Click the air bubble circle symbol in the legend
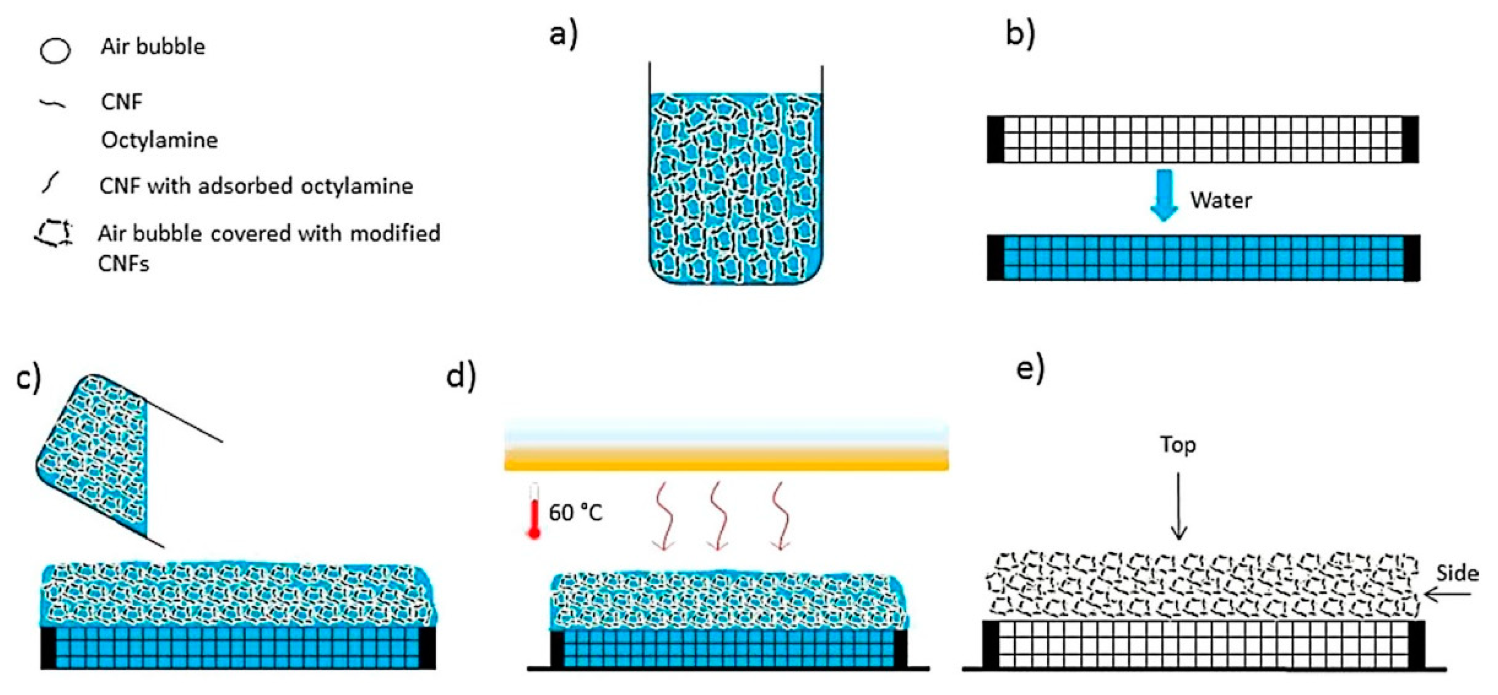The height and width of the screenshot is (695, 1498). (x=55, y=50)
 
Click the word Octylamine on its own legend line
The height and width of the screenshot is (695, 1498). (x=159, y=140)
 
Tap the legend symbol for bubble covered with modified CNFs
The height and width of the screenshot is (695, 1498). (x=54, y=235)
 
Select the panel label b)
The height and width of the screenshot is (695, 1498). (x=1020, y=35)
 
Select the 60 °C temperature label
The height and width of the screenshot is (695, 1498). (x=576, y=513)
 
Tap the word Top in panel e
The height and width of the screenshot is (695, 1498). (x=1178, y=445)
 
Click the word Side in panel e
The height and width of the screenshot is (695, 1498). (x=1457, y=574)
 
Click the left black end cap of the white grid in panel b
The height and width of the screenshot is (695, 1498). (x=996, y=140)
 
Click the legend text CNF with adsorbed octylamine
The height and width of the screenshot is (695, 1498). (x=256, y=186)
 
